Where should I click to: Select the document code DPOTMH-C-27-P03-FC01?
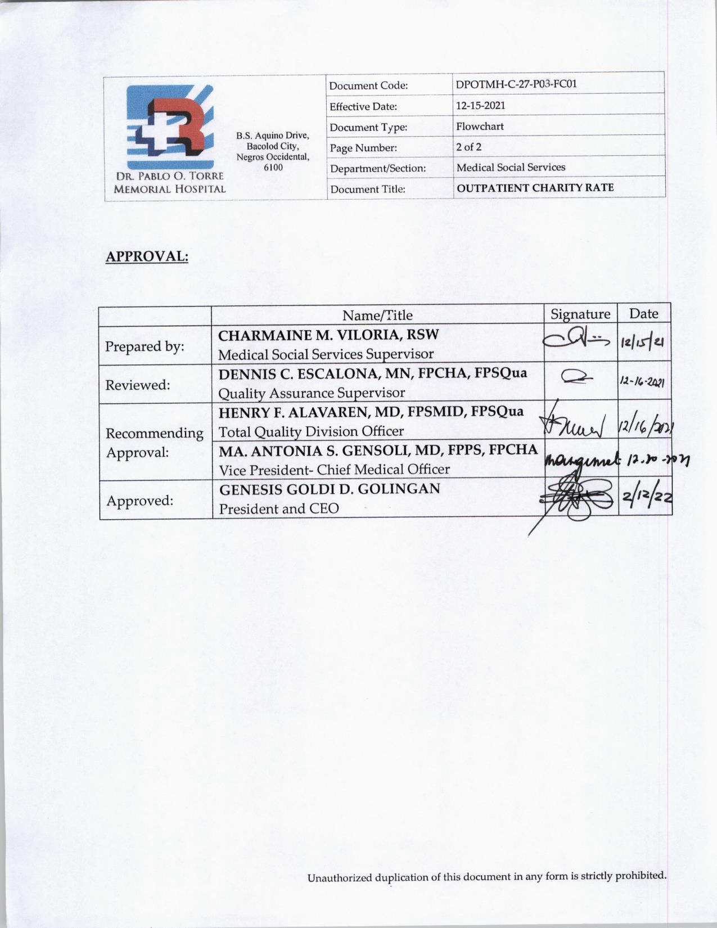(516, 84)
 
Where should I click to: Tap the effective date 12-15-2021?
(480, 105)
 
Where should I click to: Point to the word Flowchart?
(480, 126)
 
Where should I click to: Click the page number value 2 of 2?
(468, 147)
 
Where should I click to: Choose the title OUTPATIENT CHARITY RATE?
(535, 187)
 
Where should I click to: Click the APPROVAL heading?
(147, 256)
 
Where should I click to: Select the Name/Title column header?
(377, 315)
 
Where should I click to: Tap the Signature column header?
(580, 314)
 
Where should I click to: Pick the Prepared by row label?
(145, 346)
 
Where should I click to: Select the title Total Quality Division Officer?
(311, 431)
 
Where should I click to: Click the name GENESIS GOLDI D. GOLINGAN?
(330, 489)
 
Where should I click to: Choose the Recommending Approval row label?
(154, 443)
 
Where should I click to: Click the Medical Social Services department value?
(511, 167)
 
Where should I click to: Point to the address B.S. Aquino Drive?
(273, 136)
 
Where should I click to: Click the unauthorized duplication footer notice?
(486, 876)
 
